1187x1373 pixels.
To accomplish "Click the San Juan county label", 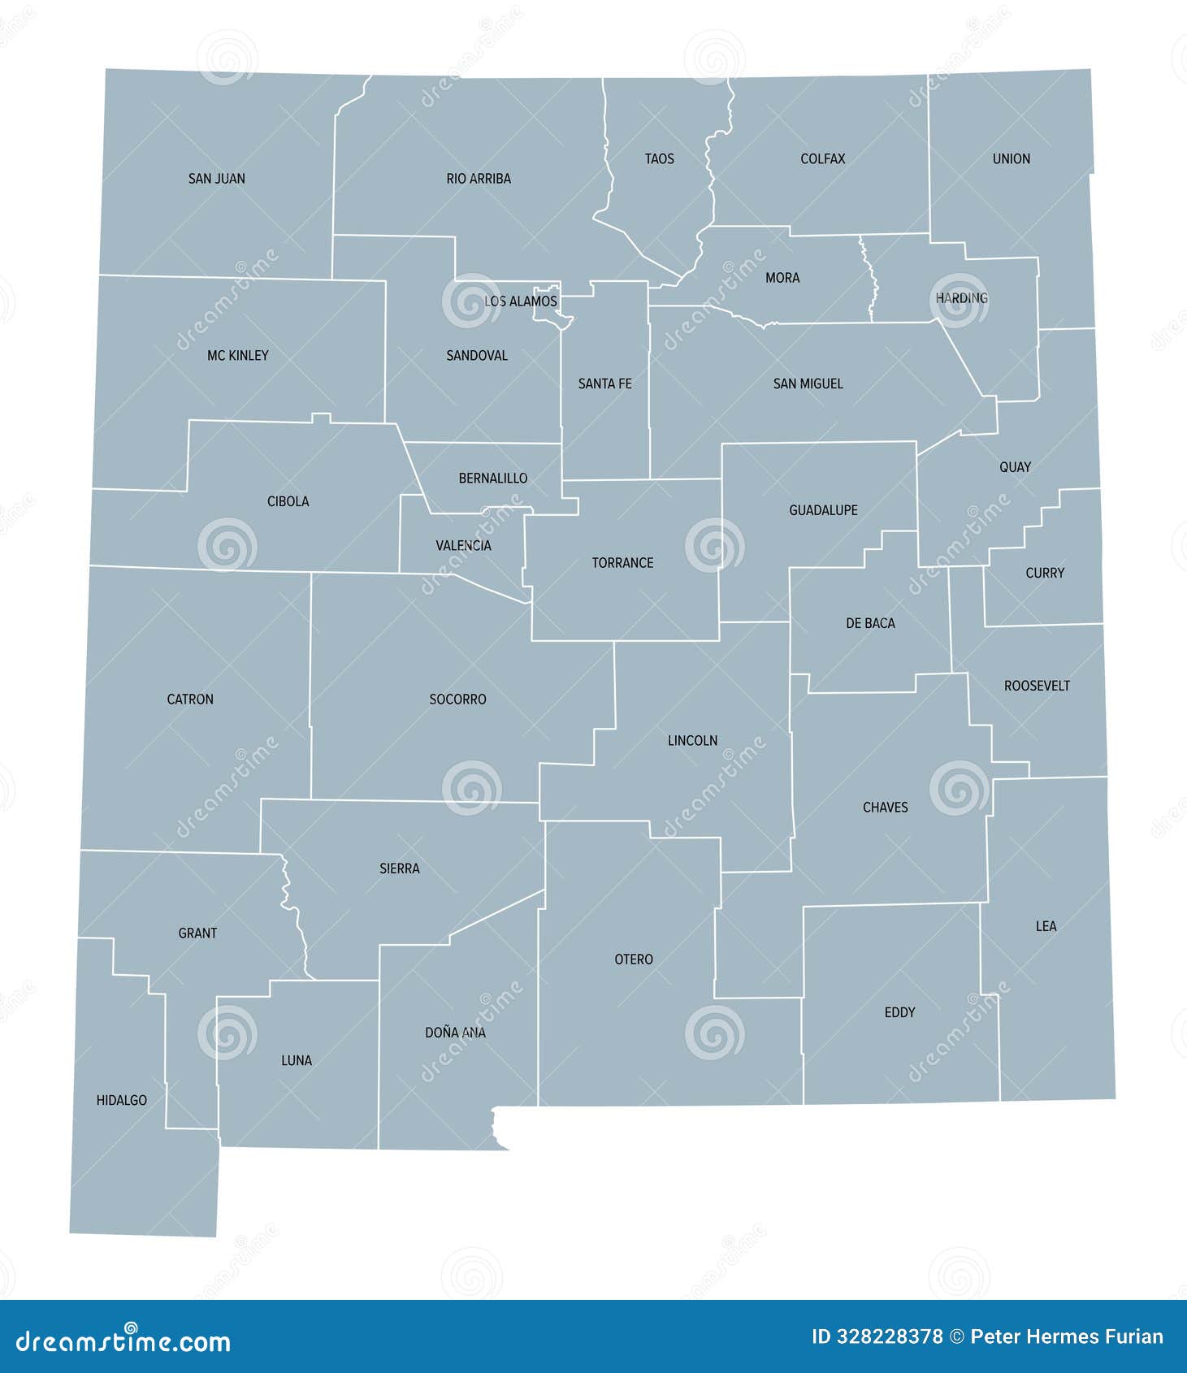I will click(x=216, y=179).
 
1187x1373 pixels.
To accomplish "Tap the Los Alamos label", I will click(x=520, y=301).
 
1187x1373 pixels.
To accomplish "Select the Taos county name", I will click(x=659, y=159).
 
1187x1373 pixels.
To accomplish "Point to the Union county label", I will click(x=1011, y=159).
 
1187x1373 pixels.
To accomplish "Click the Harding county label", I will click(x=961, y=298).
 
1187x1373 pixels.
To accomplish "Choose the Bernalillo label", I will click(x=492, y=479).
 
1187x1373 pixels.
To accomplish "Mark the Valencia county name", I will click(x=463, y=545).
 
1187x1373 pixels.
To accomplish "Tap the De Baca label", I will click(x=870, y=623).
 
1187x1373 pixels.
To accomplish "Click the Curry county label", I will click(x=1044, y=573).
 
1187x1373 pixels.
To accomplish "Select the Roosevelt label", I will click(x=1037, y=686).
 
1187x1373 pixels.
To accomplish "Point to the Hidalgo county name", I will click(x=121, y=1100).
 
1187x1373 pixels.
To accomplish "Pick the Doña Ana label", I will click(x=455, y=1033).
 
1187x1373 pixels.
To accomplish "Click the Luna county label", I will click(x=296, y=1060).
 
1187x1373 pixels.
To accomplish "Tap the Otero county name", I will click(x=633, y=959).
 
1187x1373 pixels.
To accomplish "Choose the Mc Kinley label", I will click(x=237, y=355).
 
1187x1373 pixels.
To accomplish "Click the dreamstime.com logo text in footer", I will click(x=123, y=1341).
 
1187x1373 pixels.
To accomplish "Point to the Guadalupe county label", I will click(x=823, y=510).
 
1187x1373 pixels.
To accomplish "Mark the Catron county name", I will click(x=190, y=699).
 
